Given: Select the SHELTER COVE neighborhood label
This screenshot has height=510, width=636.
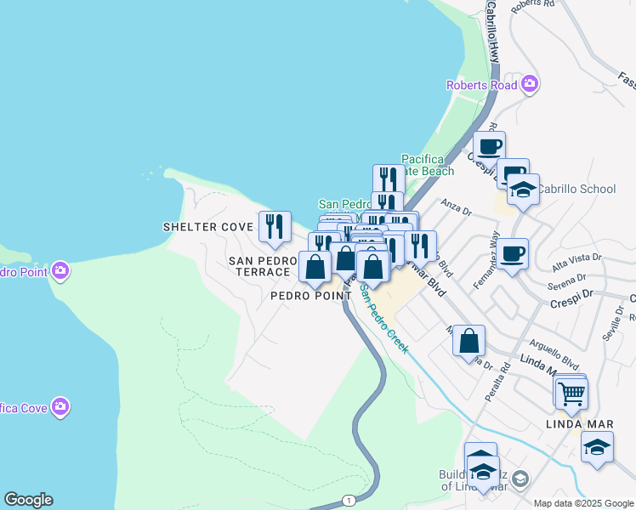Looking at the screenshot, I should click(208, 227).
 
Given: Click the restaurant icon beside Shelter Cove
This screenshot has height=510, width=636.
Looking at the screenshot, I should click(275, 226).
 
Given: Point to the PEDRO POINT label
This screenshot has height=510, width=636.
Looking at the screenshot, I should click(310, 296).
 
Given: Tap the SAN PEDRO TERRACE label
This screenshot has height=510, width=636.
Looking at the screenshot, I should click(259, 265).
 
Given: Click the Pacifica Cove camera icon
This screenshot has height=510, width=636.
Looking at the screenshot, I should click(60, 407).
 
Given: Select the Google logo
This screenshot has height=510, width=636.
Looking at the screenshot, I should click(28, 500).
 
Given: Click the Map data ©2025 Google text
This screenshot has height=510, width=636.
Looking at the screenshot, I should click(582, 503).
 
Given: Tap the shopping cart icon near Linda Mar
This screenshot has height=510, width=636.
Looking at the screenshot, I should click(571, 394).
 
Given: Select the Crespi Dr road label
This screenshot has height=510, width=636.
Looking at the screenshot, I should click(574, 303).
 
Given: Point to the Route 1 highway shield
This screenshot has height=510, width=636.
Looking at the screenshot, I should click(349, 500).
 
